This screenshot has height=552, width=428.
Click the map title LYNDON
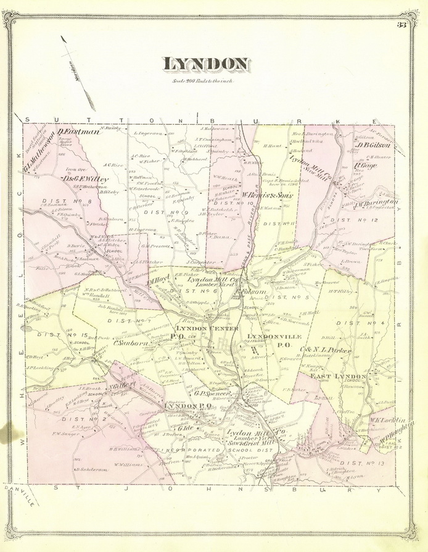206,64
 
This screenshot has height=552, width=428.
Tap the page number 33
401,25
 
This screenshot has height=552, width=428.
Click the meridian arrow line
78,73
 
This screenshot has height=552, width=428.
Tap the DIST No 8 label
60,201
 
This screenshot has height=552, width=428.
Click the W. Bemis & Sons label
266,196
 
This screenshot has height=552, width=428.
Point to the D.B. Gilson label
374,146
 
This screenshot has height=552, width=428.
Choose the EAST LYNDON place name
338,376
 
